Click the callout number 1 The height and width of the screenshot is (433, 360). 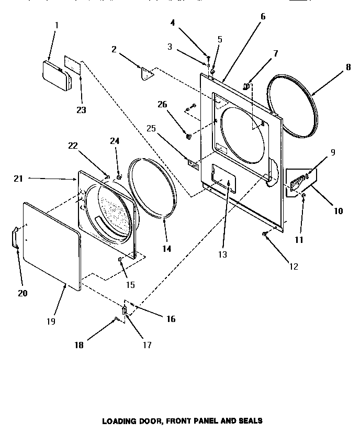pyautogui.click(x=57, y=26)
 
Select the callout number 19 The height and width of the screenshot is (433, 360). pyautogui.click(x=51, y=320)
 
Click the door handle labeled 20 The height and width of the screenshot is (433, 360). pyautogui.click(x=16, y=237)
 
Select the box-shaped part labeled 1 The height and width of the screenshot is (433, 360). pyautogui.click(x=54, y=75)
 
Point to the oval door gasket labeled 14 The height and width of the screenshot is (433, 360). pyautogui.click(x=153, y=187)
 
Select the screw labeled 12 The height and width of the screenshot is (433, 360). pyautogui.click(x=265, y=235)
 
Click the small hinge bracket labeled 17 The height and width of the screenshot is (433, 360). pyautogui.click(x=124, y=311)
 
